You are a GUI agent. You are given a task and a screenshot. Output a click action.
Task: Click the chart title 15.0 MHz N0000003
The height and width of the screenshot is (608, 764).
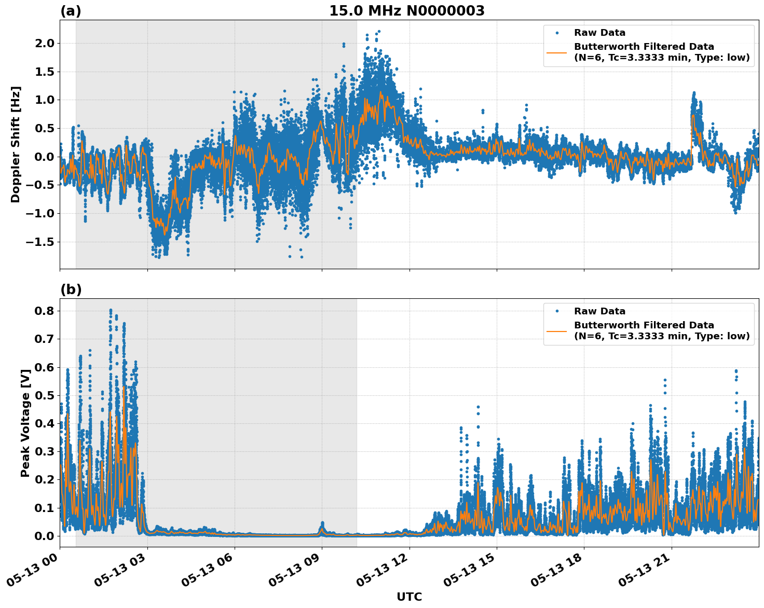406,11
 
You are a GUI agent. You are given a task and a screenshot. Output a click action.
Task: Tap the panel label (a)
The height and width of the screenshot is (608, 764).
71,11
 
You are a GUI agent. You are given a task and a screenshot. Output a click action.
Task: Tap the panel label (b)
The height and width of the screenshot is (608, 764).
71,289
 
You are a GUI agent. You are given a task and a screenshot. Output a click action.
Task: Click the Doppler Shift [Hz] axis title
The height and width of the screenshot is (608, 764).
16,144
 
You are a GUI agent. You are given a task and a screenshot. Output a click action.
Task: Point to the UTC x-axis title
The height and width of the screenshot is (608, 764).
409,597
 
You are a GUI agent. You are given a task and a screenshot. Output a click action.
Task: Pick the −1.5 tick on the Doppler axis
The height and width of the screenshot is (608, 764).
43,242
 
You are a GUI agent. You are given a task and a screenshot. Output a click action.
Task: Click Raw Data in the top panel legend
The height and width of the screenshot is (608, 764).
599,33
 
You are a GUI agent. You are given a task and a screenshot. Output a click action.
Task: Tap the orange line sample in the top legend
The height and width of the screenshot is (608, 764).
556,52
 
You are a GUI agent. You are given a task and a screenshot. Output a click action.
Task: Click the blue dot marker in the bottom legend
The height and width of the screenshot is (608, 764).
556,311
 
